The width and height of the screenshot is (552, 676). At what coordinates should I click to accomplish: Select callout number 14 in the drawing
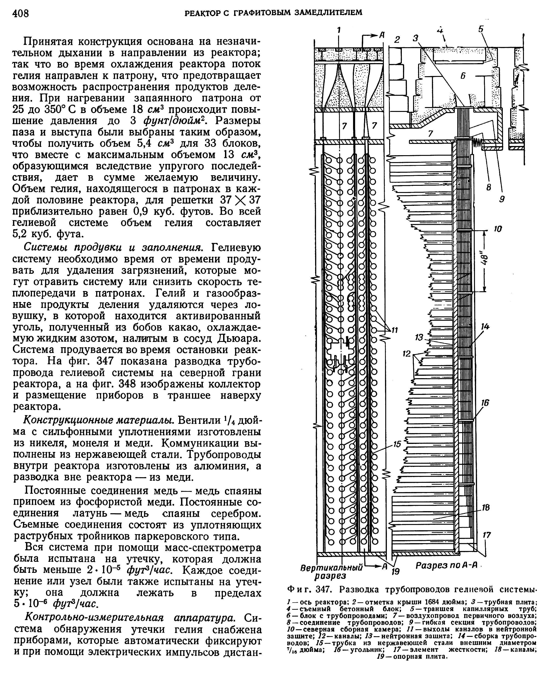tap(485, 326)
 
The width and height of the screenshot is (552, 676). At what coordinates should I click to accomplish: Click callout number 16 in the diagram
tap(485, 403)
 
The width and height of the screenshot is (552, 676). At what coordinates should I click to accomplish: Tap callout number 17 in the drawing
tap(486, 535)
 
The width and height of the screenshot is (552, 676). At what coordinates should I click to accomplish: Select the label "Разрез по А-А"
tap(445, 565)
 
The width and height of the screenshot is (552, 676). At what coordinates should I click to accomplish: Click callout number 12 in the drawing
tap(406, 354)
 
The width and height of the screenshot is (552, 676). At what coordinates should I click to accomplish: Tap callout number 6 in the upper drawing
tap(463, 76)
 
